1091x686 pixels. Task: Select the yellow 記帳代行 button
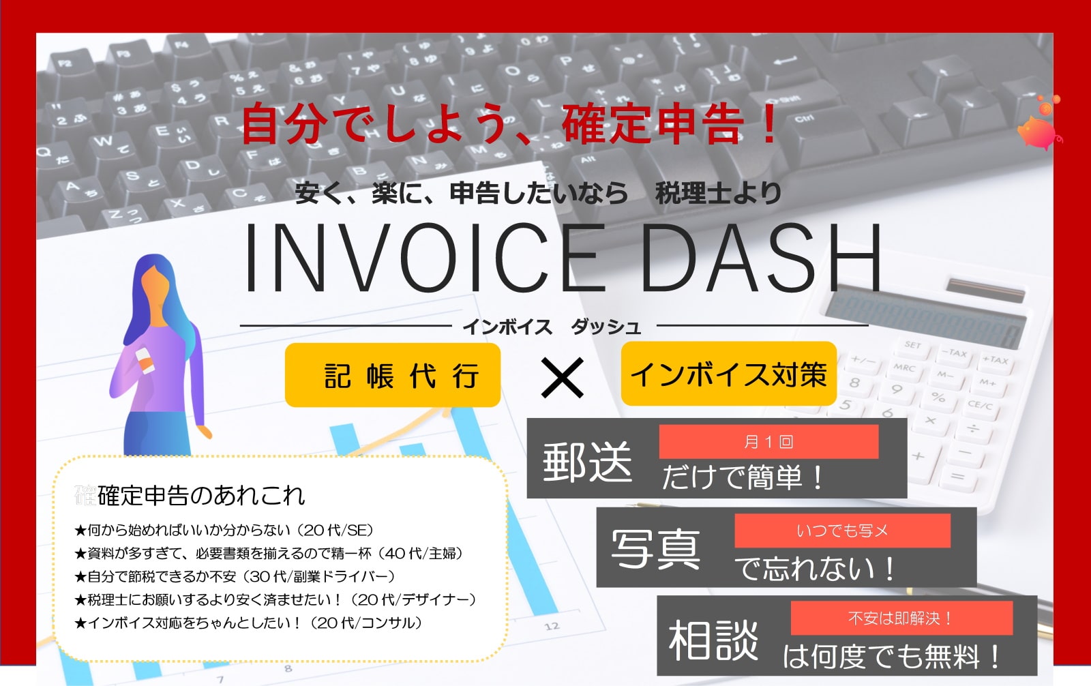click(x=393, y=374)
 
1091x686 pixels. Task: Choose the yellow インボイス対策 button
click(x=729, y=374)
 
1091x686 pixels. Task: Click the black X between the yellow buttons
click(x=562, y=378)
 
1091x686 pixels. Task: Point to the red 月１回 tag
click(x=768, y=441)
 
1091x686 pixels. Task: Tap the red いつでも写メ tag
click(x=842, y=531)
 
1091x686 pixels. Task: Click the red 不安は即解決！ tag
click(x=901, y=618)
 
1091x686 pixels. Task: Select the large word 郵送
click(x=587, y=462)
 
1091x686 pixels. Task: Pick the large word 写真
click(x=655, y=549)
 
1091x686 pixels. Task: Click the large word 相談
click(x=713, y=640)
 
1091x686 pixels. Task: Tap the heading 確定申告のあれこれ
click(x=200, y=496)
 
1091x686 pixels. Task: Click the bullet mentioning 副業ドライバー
click(x=235, y=576)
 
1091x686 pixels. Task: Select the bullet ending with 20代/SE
click(x=224, y=530)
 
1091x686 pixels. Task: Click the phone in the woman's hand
click(x=144, y=359)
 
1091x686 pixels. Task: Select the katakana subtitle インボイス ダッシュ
click(x=552, y=327)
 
